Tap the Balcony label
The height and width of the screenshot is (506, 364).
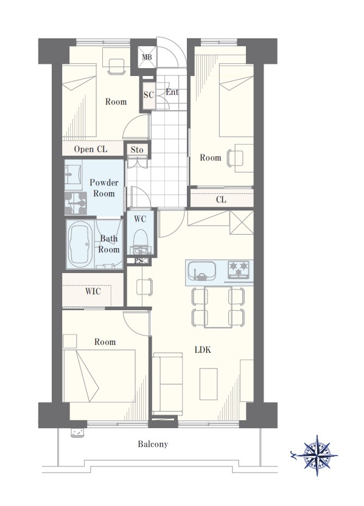click(153, 444)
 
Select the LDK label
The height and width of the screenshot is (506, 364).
click(203, 350)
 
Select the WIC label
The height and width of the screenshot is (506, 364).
click(93, 292)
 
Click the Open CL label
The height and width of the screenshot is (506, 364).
click(91, 149)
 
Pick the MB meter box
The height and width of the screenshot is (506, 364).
click(147, 57)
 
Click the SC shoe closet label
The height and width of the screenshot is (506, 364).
click(149, 95)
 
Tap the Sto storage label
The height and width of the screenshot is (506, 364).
click(137, 150)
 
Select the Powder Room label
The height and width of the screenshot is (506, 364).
click(104, 188)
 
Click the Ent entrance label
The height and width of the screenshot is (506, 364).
click(172, 92)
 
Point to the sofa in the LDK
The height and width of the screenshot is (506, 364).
click(167, 384)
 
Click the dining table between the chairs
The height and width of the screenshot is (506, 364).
click(218, 307)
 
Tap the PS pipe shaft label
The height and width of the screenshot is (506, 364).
click(139, 261)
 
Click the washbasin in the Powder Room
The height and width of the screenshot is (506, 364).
click(73, 175)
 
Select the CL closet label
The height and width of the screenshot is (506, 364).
click(221, 199)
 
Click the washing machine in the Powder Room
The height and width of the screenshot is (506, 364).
click(75, 203)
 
